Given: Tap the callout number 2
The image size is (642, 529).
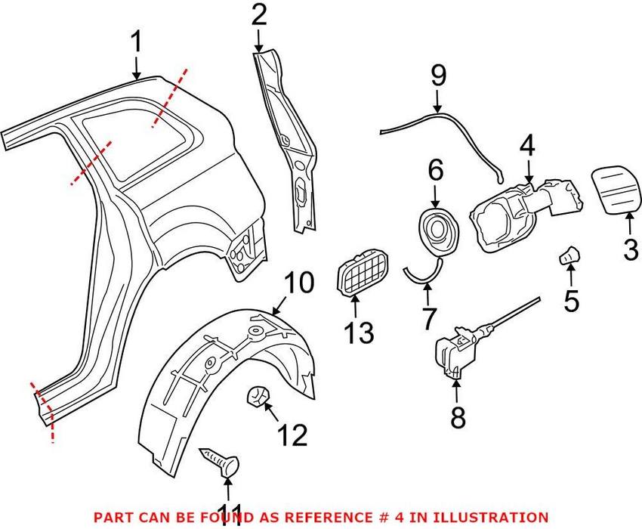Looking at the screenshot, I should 259,15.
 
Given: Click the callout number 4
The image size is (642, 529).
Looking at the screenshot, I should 526,145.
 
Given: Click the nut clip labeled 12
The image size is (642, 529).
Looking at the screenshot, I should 258,395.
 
